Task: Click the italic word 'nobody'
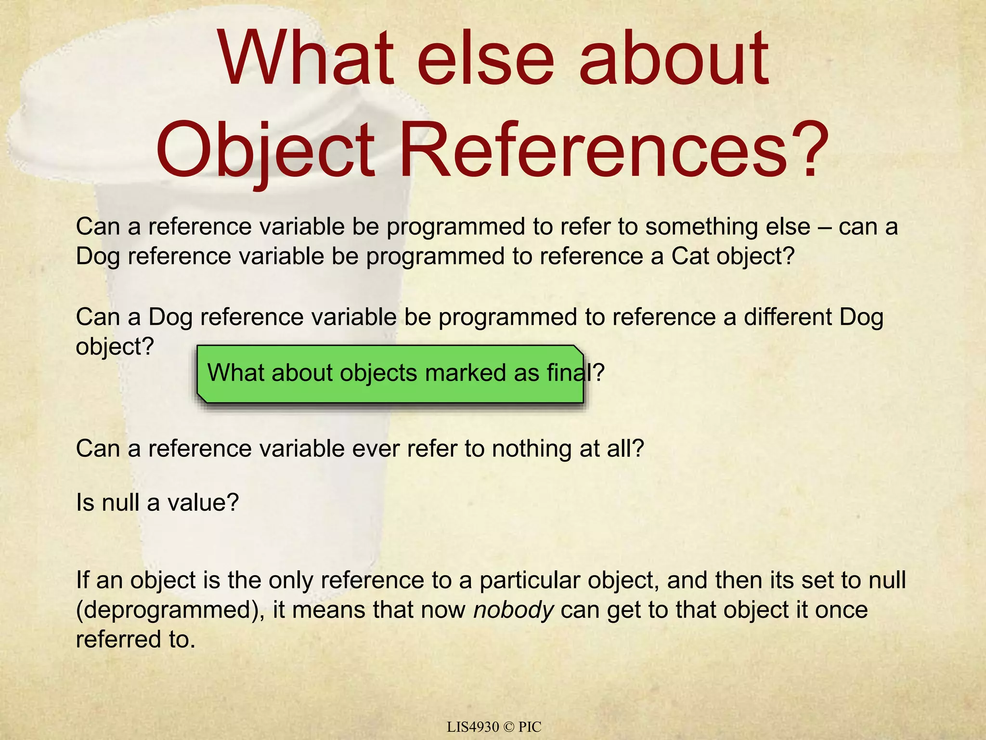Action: [x=513, y=610]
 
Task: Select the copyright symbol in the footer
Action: [x=508, y=727]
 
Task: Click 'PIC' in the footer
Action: [x=530, y=727]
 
